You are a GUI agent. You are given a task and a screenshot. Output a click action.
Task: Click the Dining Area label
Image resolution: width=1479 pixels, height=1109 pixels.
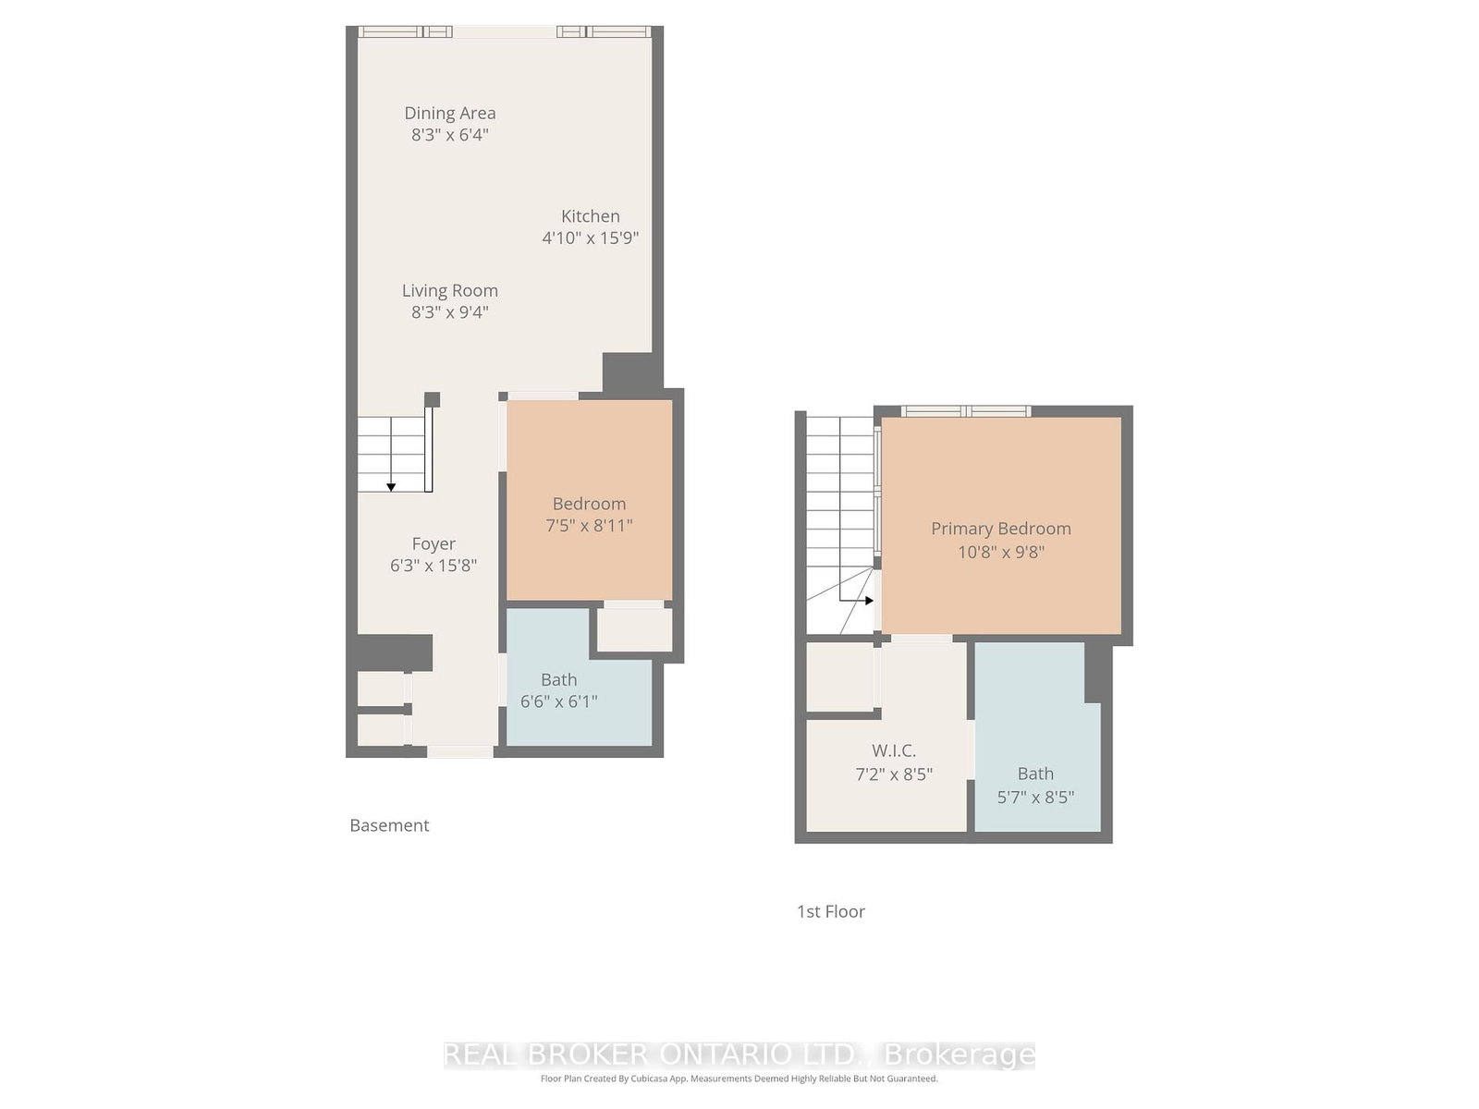coord(450,114)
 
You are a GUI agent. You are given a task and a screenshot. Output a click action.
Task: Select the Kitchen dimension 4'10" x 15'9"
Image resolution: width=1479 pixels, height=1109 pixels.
coord(590,238)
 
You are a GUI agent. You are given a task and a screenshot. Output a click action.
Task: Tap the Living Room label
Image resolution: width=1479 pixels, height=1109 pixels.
coord(450,291)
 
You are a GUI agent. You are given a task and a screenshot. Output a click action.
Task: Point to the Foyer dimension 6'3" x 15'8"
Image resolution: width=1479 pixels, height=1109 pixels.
coord(434,566)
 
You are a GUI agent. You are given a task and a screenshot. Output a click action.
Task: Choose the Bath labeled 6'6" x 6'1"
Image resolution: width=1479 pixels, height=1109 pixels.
coord(559,690)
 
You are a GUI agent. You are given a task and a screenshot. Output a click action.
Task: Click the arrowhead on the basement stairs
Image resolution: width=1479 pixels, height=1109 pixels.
coord(391,487)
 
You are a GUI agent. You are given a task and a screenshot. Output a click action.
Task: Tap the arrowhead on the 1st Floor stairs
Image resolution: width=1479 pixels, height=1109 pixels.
coord(869,601)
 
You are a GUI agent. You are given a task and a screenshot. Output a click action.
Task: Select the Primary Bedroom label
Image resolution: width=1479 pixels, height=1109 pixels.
coord(1001,529)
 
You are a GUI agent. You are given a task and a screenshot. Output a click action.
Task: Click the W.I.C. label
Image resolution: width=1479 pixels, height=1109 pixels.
coord(894,751)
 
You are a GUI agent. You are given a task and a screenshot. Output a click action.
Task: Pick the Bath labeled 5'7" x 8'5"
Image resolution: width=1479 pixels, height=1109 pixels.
coord(1035,785)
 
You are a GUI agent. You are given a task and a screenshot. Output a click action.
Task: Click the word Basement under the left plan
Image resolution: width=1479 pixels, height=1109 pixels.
coord(389,825)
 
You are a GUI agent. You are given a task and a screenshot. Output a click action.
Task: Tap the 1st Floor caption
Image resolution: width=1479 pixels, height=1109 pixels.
coord(831,911)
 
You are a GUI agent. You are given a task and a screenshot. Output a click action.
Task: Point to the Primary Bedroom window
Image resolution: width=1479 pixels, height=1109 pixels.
coord(966,411)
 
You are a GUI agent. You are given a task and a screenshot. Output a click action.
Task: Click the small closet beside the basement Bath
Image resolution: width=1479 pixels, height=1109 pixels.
coord(634,629)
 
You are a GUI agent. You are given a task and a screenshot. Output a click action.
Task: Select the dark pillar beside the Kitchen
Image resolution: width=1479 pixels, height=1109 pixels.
coord(629,372)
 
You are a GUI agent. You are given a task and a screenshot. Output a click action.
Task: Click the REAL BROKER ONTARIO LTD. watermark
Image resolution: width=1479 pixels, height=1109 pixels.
coord(739,1054)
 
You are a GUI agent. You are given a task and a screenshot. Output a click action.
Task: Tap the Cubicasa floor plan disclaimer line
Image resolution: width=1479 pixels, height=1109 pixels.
coord(739,1079)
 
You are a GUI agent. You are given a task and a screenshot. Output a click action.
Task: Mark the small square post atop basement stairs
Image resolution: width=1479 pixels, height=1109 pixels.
coord(432,399)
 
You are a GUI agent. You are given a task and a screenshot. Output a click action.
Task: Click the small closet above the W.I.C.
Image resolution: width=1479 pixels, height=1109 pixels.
coord(839,677)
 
